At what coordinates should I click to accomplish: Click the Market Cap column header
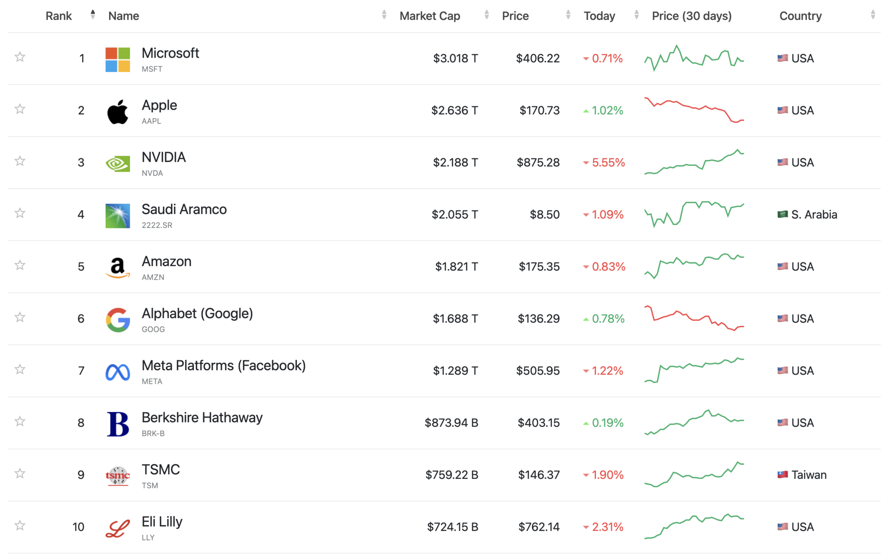pyautogui.click(x=429, y=16)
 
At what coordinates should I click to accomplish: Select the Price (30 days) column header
pyautogui.click(x=691, y=16)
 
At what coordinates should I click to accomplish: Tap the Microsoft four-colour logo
pyautogui.click(x=117, y=59)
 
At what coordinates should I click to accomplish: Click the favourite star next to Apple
pyautogui.click(x=20, y=109)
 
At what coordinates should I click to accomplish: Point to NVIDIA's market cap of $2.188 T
pyautogui.click(x=455, y=163)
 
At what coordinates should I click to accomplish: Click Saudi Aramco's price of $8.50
pyautogui.click(x=544, y=215)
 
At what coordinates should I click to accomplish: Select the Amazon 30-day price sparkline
pyautogui.click(x=694, y=266)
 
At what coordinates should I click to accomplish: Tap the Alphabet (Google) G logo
pyautogui.click(x=117, y=320)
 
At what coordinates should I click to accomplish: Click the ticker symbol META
pyautogui.click(x=152, y=381)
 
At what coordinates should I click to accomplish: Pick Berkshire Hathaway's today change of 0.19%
pyautogui.click(x=607, y=423)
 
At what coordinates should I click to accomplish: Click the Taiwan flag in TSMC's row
pyautogui.click(x=782, y=475)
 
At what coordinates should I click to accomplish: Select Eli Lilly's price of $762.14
pyautogui.click(x=539, y=527)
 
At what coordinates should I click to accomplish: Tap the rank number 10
pyautogui.click(x=78, y=527)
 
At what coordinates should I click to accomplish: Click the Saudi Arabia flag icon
pyautogui.click(x=782, y=214)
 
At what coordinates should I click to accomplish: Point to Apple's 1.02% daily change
pyautogui.click(x=607, y=111)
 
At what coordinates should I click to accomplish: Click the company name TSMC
pyautogui.click(x=161, y=470)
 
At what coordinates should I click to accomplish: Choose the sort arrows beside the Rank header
pyautogui.click(x=93, y=15)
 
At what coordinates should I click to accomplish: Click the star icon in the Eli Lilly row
pyautogui.click(x=20, y=525)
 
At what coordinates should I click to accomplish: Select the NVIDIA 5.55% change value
pyautogui.click(x=608, y=163)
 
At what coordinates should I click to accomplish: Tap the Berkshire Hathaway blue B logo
pyautogui.click(x=117, y=424)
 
